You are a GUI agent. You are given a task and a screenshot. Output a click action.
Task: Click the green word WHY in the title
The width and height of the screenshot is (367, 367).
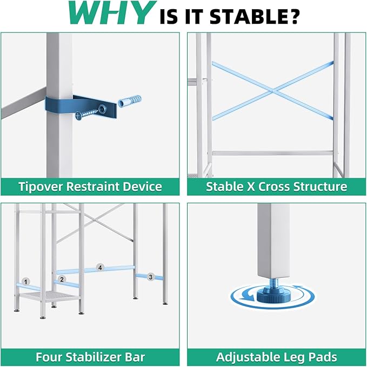(x=110, y=13)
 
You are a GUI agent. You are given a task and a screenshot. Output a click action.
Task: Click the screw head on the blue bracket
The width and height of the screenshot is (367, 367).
(x=79, y=116)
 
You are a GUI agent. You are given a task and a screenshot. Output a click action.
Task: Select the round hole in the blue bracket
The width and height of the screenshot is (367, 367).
(x=103, y=108)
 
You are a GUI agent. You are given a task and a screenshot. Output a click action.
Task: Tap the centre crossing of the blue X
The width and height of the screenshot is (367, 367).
(x=273, y=90)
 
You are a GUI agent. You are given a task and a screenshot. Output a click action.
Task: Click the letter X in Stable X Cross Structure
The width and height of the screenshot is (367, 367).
(x=251, y=186)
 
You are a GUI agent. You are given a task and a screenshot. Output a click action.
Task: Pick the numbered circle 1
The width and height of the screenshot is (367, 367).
(x=26, y=282)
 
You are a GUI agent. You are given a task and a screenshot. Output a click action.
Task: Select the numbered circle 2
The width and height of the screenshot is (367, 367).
(x=62, y=279)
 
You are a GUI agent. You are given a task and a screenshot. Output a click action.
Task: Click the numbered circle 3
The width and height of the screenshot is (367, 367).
(x=150, y=277)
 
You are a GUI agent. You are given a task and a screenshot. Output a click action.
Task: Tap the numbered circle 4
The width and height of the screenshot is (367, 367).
(x=100, y=268)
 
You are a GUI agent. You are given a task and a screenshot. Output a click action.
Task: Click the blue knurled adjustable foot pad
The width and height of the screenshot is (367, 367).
(x=273, y=295)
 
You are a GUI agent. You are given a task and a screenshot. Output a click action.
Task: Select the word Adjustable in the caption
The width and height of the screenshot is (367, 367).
(x=248, y=357)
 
